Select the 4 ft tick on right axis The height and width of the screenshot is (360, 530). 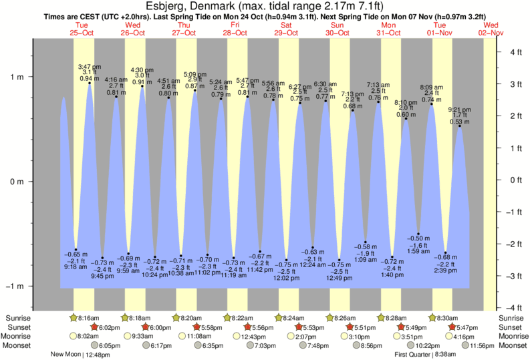click(515, 51)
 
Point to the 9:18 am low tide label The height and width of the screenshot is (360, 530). click(76, 266)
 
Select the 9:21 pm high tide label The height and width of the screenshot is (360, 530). click(460, 109)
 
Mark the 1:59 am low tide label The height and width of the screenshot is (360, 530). click(418, 250)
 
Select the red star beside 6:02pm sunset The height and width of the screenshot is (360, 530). click(95, 327)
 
